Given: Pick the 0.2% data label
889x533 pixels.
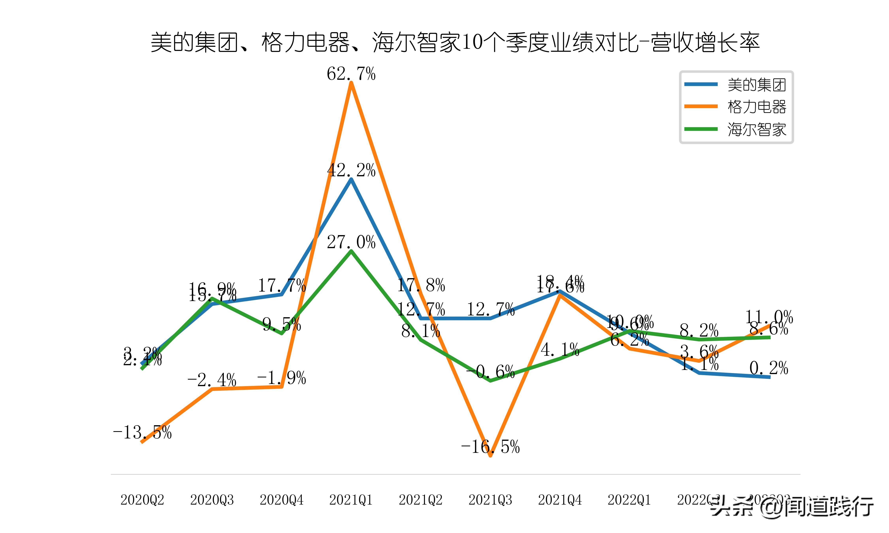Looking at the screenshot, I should click(x=769, y=368).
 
